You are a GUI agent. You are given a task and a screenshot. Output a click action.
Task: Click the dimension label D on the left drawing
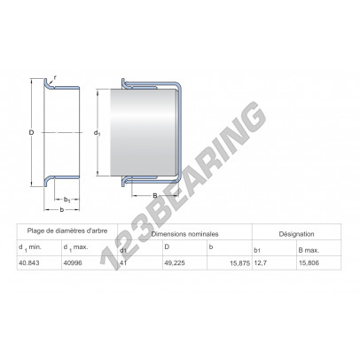click(x=31, y=132)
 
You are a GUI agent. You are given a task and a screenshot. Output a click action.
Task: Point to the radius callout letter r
click(x=55, y=78)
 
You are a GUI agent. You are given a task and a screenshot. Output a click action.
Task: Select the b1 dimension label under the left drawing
click(x=67, y=200)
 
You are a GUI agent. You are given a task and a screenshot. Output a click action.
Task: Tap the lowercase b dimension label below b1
click(x=61, y=210)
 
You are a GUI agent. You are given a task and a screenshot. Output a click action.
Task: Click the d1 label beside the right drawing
click(x=98, y=133)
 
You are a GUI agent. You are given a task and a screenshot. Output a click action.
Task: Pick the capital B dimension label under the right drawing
click(x=154, y=195)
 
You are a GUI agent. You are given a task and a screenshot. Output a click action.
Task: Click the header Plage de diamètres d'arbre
click(x=67, y=231)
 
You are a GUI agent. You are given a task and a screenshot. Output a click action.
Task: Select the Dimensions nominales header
click(x=184, y=234)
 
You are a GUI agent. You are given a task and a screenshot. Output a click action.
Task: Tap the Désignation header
click(x=296, y=234)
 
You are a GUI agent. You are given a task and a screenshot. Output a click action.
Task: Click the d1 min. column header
click(x=30, y=247)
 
